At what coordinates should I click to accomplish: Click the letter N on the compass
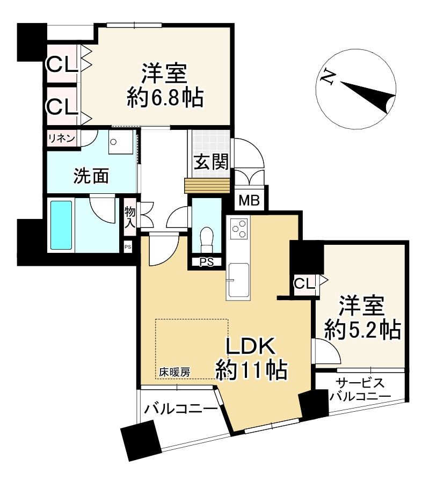325,77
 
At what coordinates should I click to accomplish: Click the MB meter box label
250,201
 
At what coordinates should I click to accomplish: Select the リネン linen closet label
61,138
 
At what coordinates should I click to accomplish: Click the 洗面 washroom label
91,176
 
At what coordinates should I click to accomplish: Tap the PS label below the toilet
206,262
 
